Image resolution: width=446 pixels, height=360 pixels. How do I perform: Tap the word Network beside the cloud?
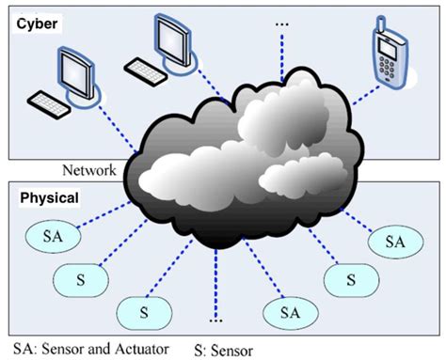coord(88,170)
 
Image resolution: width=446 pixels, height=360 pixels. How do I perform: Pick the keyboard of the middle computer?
coord(148,69)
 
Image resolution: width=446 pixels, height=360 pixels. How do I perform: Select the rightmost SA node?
coord(395,242)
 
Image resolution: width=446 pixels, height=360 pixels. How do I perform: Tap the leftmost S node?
coord(79,276)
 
